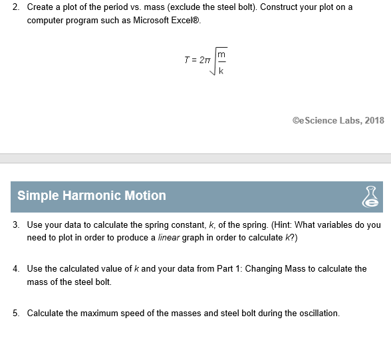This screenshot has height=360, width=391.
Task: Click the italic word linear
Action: click(x=169, y=237)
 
